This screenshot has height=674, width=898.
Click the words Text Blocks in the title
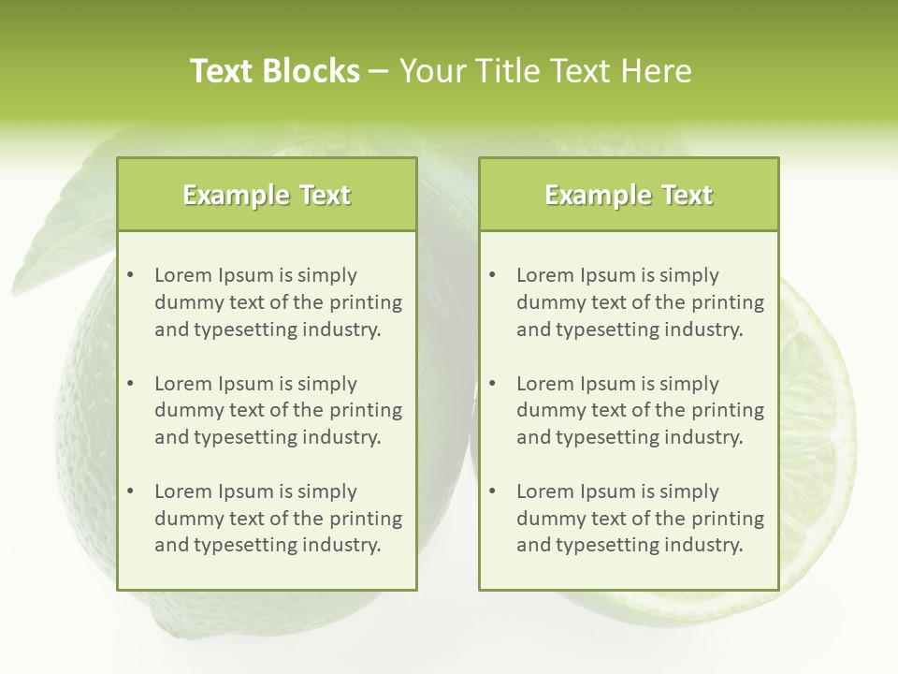[274, 71]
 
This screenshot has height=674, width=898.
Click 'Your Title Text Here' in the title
[545, 71]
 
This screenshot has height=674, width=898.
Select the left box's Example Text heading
[267, 195]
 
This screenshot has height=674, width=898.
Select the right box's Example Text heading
[629, 195]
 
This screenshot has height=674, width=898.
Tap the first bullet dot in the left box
[130, 275]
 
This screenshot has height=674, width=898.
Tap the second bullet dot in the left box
[130, 384]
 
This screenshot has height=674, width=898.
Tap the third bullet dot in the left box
[130, 491]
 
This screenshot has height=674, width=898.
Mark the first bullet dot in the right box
[492, 275]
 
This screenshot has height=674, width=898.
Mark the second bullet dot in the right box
[492, 384]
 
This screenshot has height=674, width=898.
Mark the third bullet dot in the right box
[492, 491]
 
